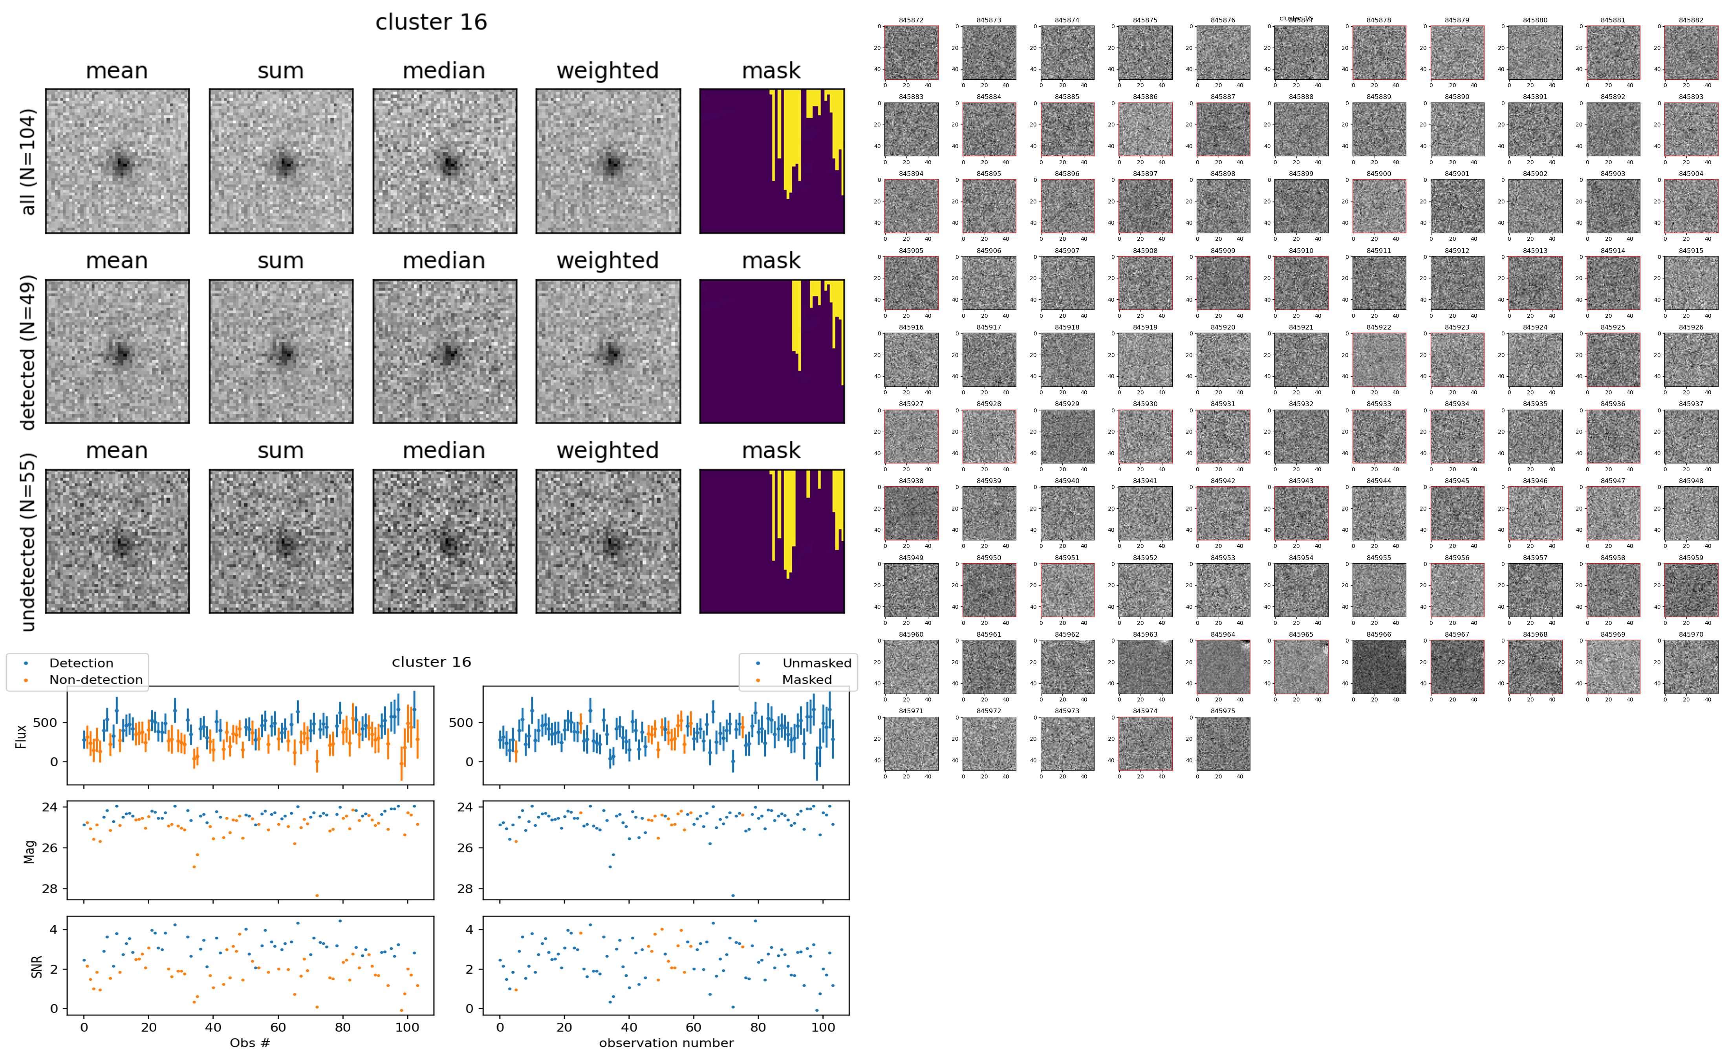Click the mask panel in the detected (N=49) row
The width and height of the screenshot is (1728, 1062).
772,351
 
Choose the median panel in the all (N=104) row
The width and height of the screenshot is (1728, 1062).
445,161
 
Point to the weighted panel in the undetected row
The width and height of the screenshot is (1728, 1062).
608,541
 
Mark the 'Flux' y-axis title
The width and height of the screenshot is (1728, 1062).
22,736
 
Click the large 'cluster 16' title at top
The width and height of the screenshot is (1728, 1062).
431,22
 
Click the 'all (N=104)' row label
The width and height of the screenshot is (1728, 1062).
28,161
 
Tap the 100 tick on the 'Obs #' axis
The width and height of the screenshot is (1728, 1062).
407,1027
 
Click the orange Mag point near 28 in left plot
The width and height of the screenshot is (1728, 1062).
317,895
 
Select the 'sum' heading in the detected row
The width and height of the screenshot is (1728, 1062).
280,260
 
